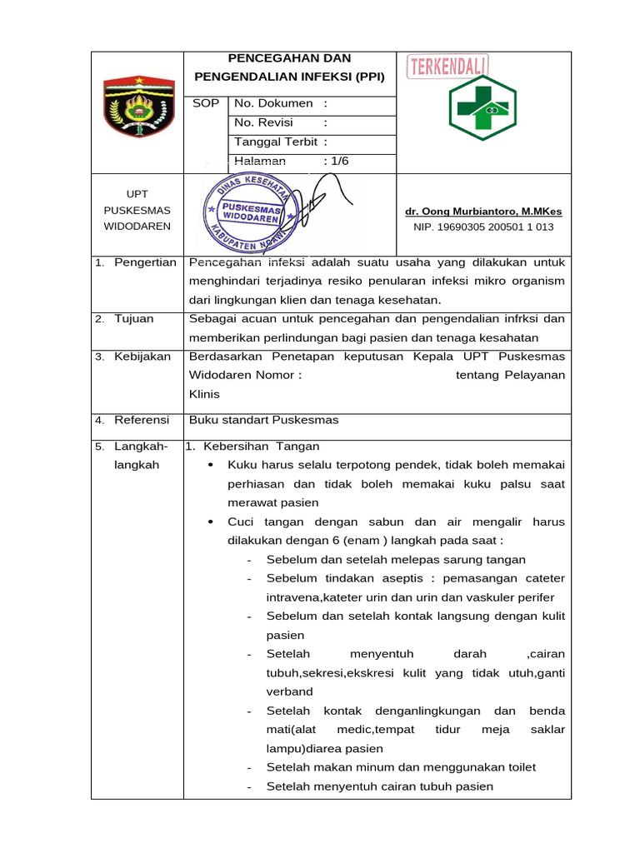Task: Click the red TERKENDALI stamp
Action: (447, 67)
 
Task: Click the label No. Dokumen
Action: (273, 103)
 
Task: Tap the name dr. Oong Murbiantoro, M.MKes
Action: (482, 212)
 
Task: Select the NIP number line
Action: (483, 227)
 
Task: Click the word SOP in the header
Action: (206, 103)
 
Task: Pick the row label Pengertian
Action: (145, 262)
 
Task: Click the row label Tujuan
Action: (135, 319)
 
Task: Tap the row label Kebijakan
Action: (142, 357)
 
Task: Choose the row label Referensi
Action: (142, 420)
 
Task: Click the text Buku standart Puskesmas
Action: (264, 420)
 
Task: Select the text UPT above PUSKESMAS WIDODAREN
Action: (137, 194)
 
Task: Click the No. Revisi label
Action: (264, 122)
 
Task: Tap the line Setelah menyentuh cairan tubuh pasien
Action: (380, 786)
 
